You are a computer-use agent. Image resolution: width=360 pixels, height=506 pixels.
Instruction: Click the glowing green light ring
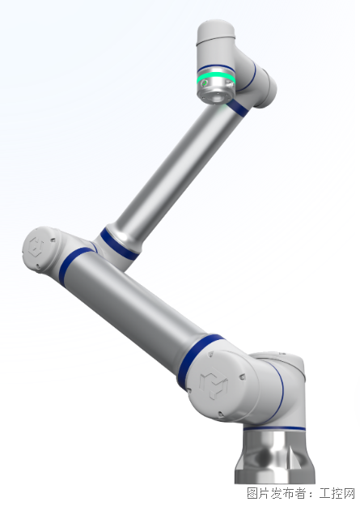coord(216,79)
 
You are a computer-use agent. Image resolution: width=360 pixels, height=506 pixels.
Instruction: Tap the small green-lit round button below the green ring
coord(204,84)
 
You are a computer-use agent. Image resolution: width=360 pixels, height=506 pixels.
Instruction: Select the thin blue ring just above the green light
coord(216,69)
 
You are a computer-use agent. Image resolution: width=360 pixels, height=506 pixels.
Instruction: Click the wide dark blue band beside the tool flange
coord(238,108)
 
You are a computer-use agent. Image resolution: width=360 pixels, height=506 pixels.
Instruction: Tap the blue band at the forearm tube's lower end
coord(118,244)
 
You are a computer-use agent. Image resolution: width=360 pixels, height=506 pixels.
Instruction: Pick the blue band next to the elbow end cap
coord(73,263)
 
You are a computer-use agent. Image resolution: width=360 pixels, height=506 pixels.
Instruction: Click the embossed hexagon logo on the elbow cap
coord(36,246)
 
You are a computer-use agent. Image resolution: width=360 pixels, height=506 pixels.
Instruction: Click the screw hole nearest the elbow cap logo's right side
coord(52,240)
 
